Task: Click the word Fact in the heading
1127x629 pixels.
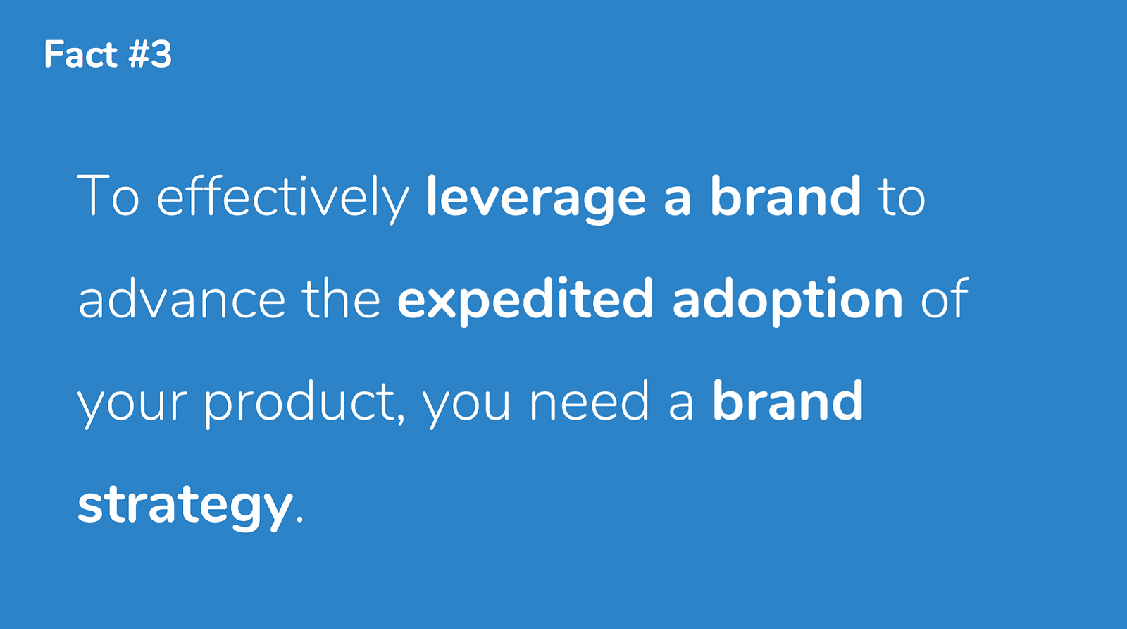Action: [80, 54]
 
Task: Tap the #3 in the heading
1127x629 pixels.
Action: [150, 54]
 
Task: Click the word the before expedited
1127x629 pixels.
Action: [341, 298]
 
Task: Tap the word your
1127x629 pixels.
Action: [132, 406]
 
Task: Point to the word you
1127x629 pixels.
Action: [466, 406]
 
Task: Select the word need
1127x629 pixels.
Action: [589, 401]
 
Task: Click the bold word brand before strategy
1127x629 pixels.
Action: [788, 401]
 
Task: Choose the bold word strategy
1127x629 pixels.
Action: [185, 506]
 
